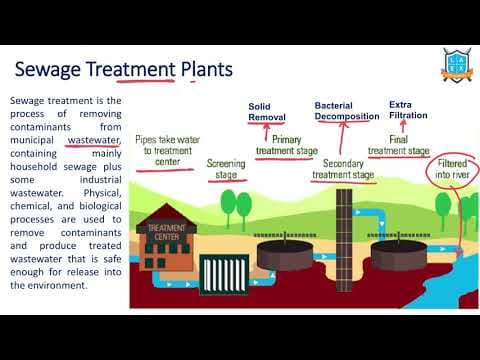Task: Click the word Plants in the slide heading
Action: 205,70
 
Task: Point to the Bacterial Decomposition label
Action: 346,111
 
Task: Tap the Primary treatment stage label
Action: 287,146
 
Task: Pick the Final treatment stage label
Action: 398,146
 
